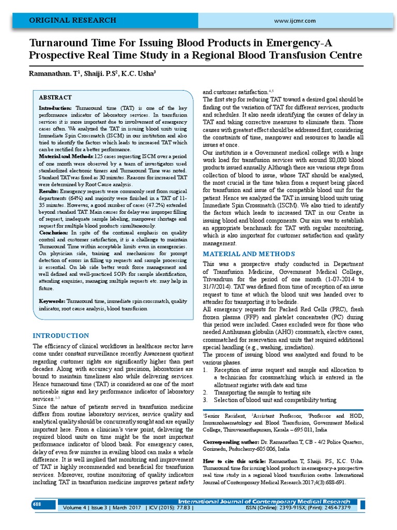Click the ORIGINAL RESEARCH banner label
72,20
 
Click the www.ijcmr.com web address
295,20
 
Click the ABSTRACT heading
55,97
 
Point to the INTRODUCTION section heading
60,335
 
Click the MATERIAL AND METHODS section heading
249,254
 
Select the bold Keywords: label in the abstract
52,301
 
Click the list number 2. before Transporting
205,392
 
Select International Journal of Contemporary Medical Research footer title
271,502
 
